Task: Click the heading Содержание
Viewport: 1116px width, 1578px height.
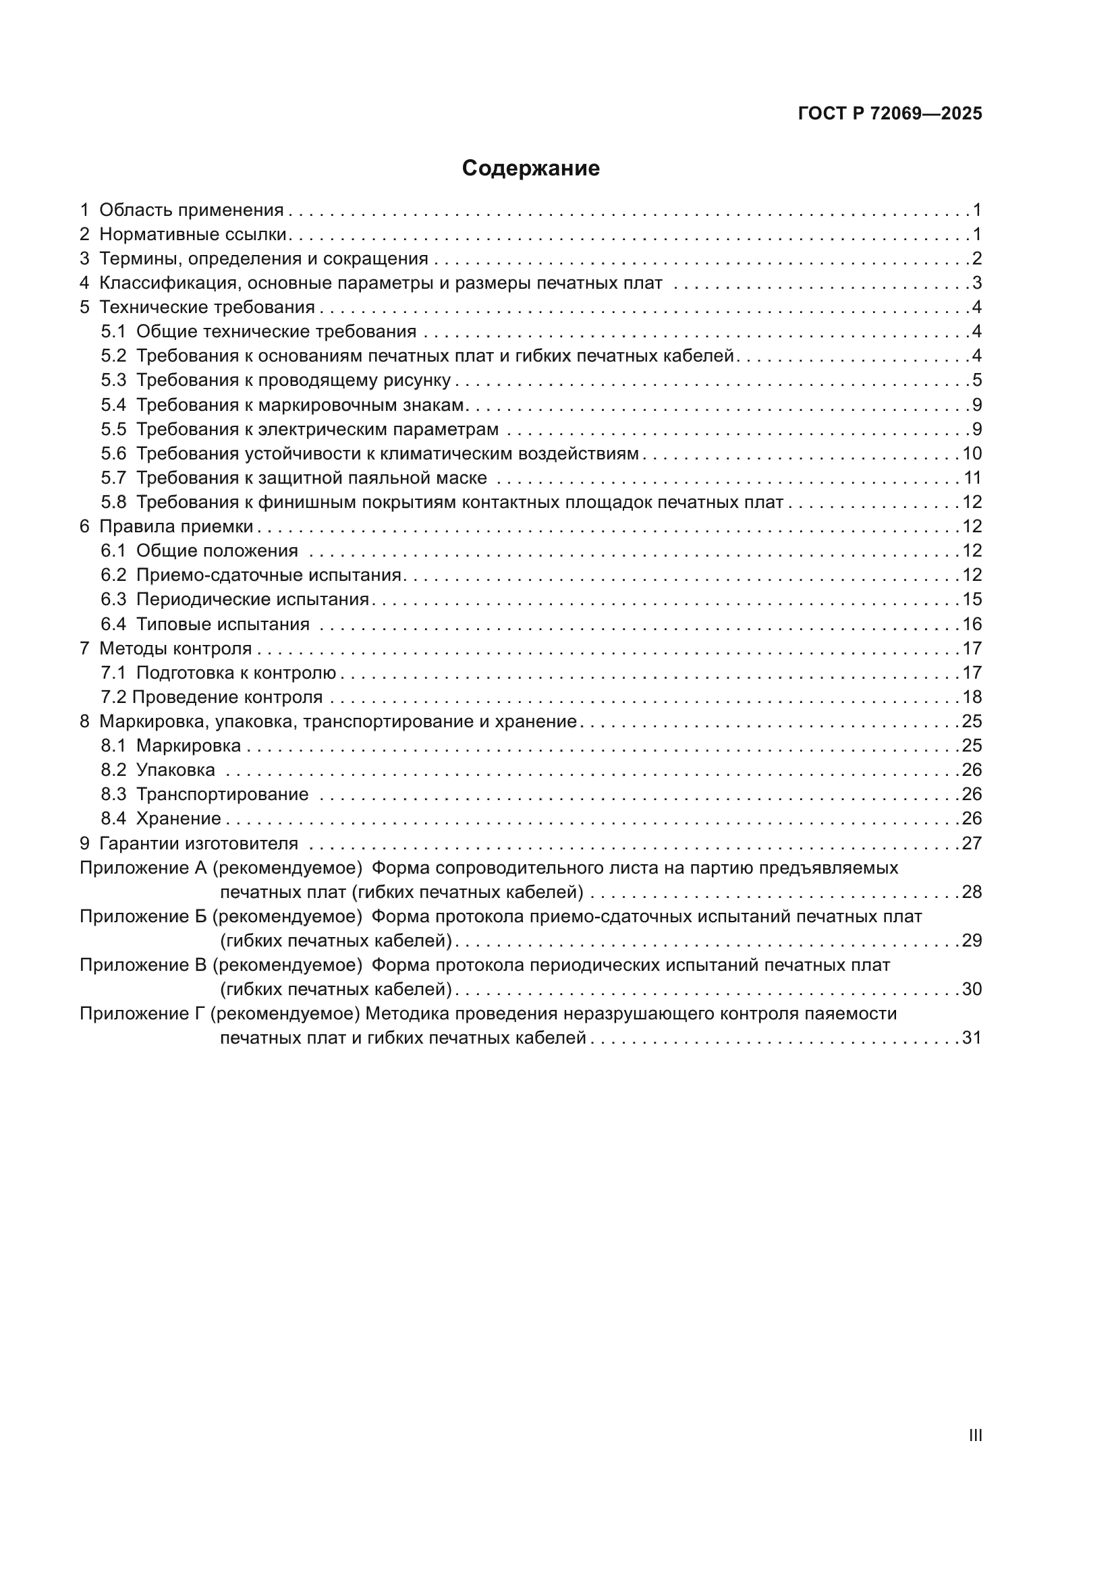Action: coord(530,169)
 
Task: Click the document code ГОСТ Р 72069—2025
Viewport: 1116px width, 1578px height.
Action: coord(890,114)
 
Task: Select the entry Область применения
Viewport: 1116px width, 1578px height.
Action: coord(191,210)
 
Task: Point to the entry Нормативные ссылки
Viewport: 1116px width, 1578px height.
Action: coord(192,234)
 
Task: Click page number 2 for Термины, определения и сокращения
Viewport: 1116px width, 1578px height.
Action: coord(976,259)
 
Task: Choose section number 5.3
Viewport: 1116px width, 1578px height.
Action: coord(113,381)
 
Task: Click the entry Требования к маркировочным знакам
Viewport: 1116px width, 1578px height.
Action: coord(300,405)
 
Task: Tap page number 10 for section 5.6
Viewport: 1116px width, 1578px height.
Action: coord(972,453)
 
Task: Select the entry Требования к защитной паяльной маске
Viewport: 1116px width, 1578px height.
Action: coord(311,478)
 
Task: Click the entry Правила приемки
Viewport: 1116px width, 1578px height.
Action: coord(176,526)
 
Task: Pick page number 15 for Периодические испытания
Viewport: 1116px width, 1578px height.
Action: coord(972,599)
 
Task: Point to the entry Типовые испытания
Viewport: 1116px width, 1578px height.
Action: coord(223,624)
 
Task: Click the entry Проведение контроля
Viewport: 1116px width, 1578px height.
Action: coord(227,697)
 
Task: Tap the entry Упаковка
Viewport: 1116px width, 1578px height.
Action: coord(175,770)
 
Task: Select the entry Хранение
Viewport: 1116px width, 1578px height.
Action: coord(178,818)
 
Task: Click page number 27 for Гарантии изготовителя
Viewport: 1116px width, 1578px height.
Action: coord(972,843)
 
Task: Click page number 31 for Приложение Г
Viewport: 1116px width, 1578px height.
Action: coord(972,1038)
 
